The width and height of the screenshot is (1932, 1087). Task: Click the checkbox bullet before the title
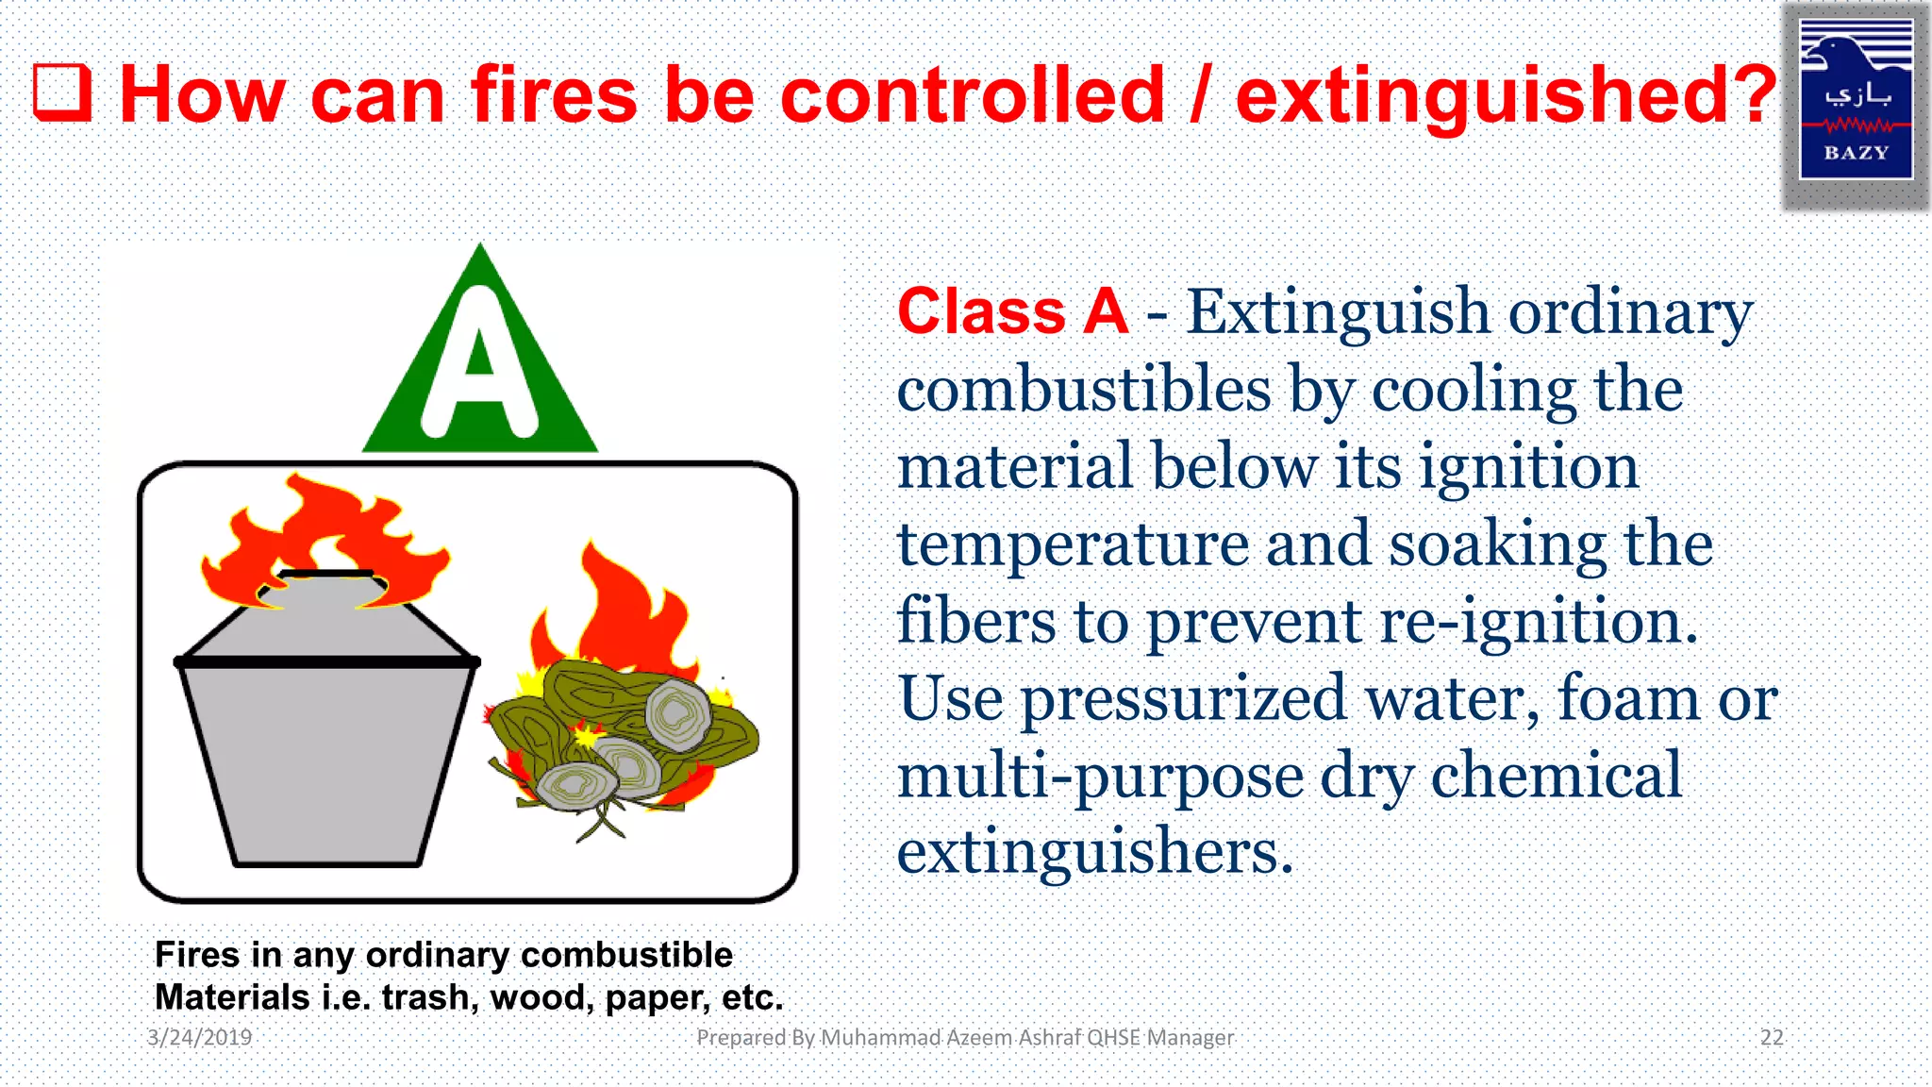pos(62,94)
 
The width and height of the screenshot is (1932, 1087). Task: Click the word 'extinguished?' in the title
pos(1506,94)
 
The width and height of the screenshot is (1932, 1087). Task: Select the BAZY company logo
pos(1856,100)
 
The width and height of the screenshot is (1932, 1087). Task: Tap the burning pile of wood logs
pos(623,727)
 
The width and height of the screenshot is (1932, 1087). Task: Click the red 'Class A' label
pos(1012,311)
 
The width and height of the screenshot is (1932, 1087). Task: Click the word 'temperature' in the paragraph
pos(1073,544)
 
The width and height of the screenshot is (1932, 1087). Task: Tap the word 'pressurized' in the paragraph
pos(1183,699)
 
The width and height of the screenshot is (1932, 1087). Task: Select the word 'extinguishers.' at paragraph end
pos(1094,852)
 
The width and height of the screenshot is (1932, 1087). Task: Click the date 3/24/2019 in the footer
pos(200,1038)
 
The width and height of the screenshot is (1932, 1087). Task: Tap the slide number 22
pos(1772,1038)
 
